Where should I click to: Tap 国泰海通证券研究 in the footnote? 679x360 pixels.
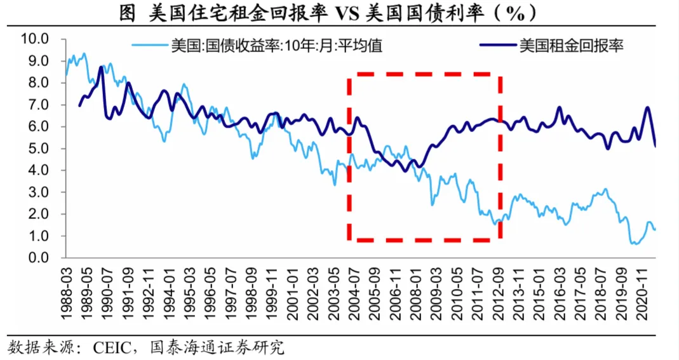point(216,347)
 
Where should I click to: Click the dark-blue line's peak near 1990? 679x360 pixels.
point(102,67)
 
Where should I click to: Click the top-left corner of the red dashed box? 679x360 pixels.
point(349,75)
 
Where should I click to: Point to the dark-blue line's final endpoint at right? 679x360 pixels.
point(655,146)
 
